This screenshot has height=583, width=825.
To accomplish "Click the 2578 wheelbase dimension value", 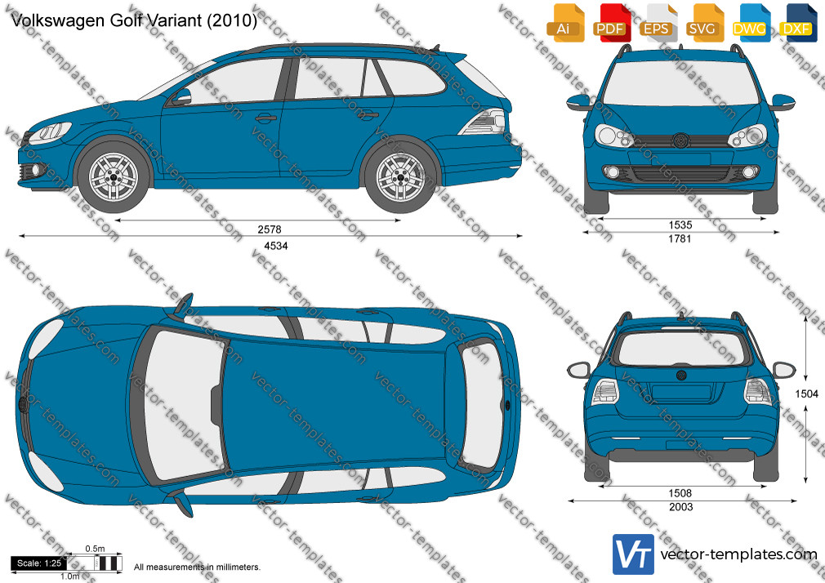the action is pos(270,229).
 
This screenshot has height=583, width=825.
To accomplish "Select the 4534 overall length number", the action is pos(276,246).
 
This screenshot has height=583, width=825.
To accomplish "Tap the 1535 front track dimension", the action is pos(680,225).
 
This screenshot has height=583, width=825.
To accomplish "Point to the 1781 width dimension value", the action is pos(680,239).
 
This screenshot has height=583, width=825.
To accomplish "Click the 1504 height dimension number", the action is pos(806,394).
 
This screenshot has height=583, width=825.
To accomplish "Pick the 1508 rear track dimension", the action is pos(680,493).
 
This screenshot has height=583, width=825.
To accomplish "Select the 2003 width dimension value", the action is pos(681,507).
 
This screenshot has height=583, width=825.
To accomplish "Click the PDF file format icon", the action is pos(610,23).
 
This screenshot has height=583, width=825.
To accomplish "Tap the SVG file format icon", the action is pos(703,23).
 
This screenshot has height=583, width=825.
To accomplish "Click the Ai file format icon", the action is pos(564,23).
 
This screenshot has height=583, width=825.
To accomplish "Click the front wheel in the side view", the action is pos(113,177).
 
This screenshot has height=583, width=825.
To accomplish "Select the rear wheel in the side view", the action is pos(400,177).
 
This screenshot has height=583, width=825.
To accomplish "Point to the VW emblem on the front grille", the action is pos(680,140).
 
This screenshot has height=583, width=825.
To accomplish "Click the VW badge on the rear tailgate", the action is pos(681,375).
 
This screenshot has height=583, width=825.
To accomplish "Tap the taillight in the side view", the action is pos(484,122).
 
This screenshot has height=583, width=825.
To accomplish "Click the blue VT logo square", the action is pos(634,554).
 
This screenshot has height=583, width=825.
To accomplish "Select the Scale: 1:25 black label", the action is pos(39,563).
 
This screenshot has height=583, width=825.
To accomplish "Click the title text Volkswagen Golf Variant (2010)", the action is pos(134,20).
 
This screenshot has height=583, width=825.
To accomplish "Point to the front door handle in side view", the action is pos(266,118).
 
